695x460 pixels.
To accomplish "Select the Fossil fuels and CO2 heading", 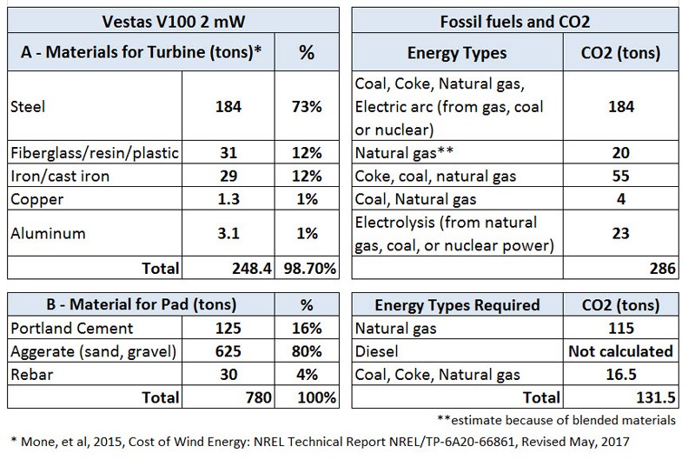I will tap(516, 21).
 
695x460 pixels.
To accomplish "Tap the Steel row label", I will tap(27, 109).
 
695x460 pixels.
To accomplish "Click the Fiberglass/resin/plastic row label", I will tap(94, 153).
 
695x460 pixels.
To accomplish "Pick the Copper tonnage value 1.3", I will tap(226, 199).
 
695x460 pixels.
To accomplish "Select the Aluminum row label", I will tap(42, 232).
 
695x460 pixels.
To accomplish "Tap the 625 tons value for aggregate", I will tap(226, 352).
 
